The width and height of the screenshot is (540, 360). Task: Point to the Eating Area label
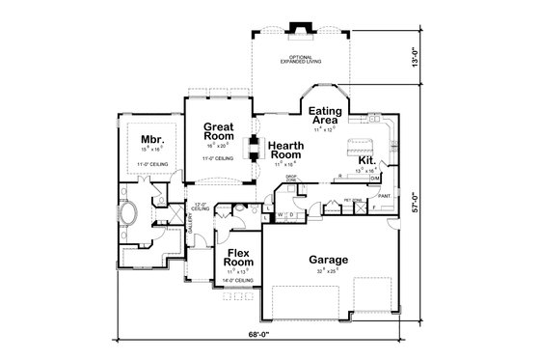point(326,116)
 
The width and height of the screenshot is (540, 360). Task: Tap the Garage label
point(328,259)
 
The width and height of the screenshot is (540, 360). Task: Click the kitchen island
point(360,144)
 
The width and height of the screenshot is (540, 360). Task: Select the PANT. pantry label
point(384,196)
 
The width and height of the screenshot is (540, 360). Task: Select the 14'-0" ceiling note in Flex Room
point(238,280)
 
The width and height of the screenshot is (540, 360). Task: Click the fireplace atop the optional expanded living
point(298,28)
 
